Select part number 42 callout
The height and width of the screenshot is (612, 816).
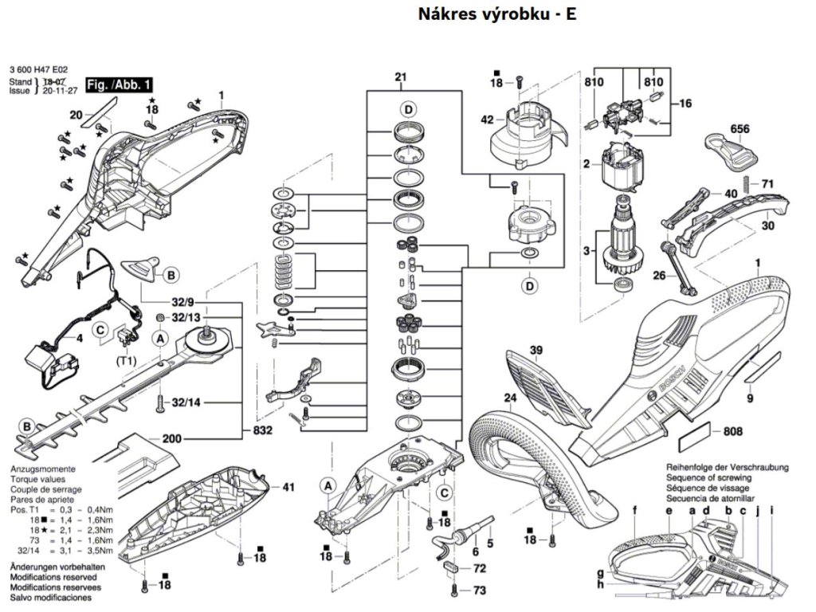[x=487, y=120]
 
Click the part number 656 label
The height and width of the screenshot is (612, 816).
[x=739, y=128]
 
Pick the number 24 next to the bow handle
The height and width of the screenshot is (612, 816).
[x=509, y=397]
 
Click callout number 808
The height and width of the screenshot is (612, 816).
[x=734, y=432]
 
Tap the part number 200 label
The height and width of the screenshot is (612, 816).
[x=171, y=438]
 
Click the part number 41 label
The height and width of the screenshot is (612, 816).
[x=288, y=486]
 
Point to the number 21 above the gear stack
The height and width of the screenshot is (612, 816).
[x=400, y=77]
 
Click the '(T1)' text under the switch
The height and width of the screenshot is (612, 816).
[x=126, y=359]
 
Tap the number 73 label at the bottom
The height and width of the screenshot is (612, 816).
[x=479, y=590]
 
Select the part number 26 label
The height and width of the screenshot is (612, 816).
[x=659, y=276]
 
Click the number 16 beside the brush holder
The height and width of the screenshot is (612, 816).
[x=685, y=103]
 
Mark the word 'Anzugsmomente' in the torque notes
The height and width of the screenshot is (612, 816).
[x=42, y=471]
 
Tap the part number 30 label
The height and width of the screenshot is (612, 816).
[x=768, y=226]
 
